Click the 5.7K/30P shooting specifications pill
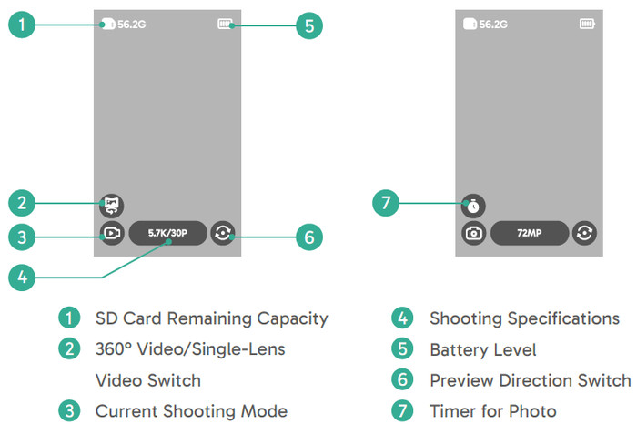(167, 233)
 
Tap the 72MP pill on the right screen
(530, 233)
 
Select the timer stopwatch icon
(473, 206)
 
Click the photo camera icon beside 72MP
(473, 233)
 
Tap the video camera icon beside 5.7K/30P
(112, 233)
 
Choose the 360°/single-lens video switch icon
(112, 206)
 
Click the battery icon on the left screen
(226, 24)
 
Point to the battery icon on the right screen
(587, 24)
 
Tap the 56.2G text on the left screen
(132, 25)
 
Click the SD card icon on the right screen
(470, 24)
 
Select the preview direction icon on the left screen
(223, 233)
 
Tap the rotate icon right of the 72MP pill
(584, 233)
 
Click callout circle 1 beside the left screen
(22, 25)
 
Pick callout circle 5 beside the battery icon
(309, 26)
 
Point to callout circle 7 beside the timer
(386, 203)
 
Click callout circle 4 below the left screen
(22, 278)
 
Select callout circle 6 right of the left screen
(309, 237)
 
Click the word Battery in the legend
(457, 350)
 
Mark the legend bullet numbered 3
(69, 411)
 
